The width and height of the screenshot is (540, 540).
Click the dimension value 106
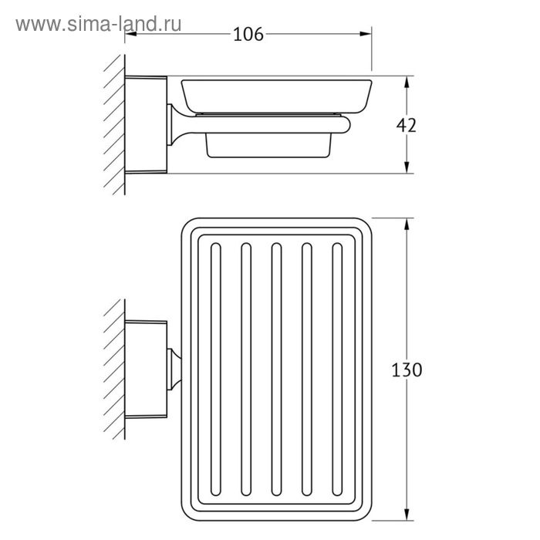[248, 34]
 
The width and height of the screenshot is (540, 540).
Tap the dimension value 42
[406, 125]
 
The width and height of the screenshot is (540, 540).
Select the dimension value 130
[407, 370]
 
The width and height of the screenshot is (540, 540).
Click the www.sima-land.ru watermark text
[99, 24]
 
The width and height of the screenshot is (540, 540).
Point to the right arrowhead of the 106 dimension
[366, 34]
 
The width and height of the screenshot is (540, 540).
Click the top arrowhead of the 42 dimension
[407, 82]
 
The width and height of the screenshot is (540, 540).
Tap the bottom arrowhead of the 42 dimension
[407, 167]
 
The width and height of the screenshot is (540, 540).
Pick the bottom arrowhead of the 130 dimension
[407, 514]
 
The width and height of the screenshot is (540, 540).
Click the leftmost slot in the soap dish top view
[215, 370]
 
